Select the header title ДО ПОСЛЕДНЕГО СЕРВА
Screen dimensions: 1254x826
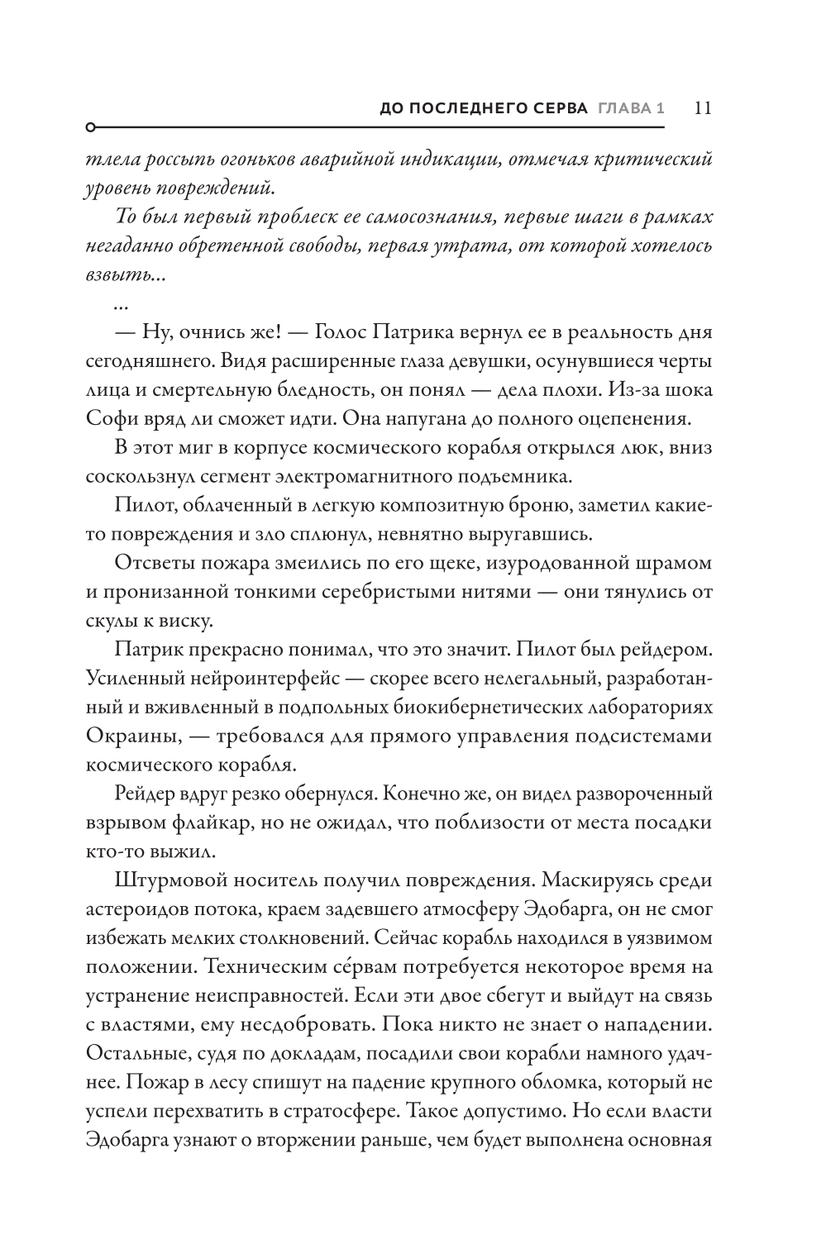pyautogui.click(x=483, y=109)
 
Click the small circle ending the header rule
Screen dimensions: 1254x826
pyautogui.click(x=90, y=128)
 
